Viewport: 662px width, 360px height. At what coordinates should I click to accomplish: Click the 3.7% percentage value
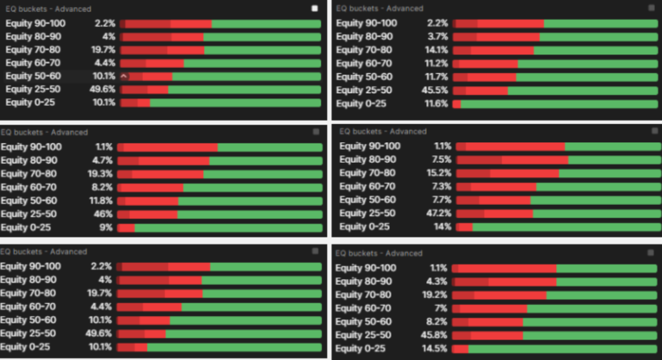[438, 37]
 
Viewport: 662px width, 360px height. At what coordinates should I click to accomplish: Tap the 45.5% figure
[435, 90]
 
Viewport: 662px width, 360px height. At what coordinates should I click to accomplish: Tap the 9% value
[106, 228]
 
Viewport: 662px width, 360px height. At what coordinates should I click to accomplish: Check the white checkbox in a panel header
[315, 8]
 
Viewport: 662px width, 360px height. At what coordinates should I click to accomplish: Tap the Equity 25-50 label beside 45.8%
[363, 335]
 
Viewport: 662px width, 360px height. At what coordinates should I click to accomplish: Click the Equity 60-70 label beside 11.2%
[364, 63]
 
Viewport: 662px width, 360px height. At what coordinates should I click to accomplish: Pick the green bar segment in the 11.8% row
[250, 201]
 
